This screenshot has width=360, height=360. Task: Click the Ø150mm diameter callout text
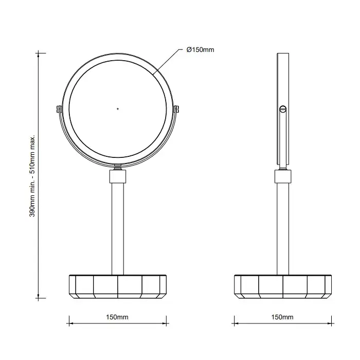click(x=200, y=50)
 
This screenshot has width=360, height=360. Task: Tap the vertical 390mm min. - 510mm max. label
click(x=32, y=176)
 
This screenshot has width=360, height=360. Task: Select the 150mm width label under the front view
click(x=117, y=317)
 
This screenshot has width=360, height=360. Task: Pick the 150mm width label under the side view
click(x=282, y=317)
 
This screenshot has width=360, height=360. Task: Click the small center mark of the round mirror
click(x=118, y=109)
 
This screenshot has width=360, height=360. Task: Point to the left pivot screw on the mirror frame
click(x=59, y=109)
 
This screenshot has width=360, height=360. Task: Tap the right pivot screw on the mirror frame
click(x=176, y=109)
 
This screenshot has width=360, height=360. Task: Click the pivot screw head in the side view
click(x=283, y=109)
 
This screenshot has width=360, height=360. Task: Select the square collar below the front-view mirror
click(x=118, y=176)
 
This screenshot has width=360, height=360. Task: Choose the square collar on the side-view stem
click(x=283, y=176)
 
